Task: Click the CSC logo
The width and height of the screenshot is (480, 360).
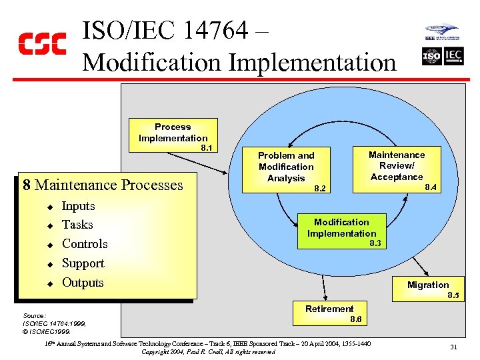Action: pos(41,43)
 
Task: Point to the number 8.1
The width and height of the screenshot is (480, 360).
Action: pos(206,147)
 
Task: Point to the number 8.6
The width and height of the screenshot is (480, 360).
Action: pos(356,319)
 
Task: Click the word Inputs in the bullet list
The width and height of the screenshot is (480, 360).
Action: pos(79,206)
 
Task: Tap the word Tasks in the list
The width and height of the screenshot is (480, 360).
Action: pos(77,225)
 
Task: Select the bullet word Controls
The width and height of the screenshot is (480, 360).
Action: pos(85,244)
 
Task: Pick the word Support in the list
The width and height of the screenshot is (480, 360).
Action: pos(83,263)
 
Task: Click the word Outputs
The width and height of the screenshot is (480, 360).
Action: pos(83,282)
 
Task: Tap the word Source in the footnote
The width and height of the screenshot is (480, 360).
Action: pos(34,315)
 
